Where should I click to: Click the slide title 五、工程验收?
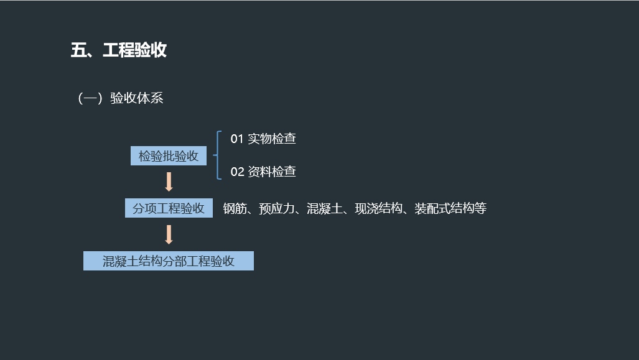tap(119, 50)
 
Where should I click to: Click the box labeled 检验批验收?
tap(169, 156)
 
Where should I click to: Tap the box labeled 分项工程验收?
tap(169, 208)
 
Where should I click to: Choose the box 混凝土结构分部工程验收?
tap(169, 261)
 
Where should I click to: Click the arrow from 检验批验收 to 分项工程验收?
tap(169, 182)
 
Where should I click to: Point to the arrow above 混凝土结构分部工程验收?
tap(169, 234)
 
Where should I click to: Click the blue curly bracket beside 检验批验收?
tap(218, 155)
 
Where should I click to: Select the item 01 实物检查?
tap(263, 139)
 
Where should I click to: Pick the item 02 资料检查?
tap(263, 172)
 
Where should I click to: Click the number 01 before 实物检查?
tap(237, 139)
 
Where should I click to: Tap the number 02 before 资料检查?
tap(237, 172)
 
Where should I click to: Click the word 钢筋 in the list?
tap(235, 209)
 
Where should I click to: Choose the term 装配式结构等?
tap(450, 209)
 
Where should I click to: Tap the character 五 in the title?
tap(78, 50)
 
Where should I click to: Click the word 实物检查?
tap(272, 139)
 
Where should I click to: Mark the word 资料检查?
tap(272, 172)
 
